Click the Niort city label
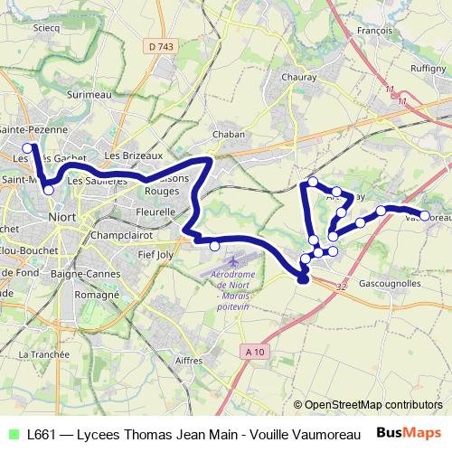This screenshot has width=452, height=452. tap(62, 218)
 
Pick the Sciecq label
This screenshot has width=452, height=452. tap(45, 28)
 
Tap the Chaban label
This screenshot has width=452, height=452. tap(229, 134)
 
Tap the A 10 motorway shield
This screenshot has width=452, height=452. tap(258, 351)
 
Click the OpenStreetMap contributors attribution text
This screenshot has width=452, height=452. tap(372, 404)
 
